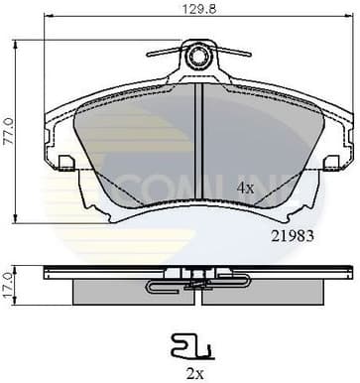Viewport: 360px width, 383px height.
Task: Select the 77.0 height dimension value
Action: [x=8, y=131]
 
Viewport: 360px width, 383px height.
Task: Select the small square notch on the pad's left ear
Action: [x=66, y=161]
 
